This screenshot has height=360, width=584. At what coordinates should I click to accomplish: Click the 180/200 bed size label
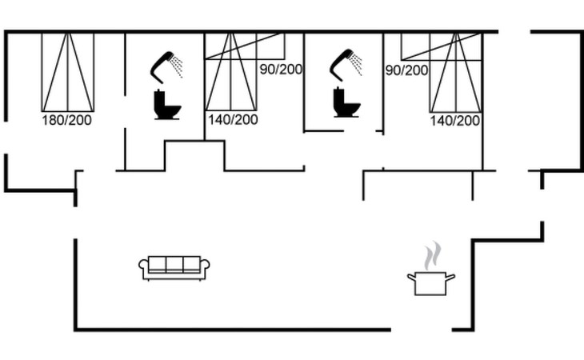[67, 120]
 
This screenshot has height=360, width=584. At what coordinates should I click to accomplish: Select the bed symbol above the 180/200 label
[68, 72]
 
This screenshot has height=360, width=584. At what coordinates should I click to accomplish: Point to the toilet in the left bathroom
[167, 106]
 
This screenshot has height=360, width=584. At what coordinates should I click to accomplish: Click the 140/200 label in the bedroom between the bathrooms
[232, 120]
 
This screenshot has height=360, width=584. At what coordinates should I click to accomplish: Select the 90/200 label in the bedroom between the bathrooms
[281, 69]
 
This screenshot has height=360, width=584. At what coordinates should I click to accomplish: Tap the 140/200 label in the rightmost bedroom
[455, 121]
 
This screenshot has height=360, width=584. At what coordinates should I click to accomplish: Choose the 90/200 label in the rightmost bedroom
[406, 70]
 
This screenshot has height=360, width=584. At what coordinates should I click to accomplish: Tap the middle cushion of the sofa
[174, 265]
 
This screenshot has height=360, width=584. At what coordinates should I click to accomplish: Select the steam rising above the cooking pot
[432, 256]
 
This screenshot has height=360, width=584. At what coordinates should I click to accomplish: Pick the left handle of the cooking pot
[411, 277]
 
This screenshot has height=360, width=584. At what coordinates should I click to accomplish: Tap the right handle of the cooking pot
[450, 277]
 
